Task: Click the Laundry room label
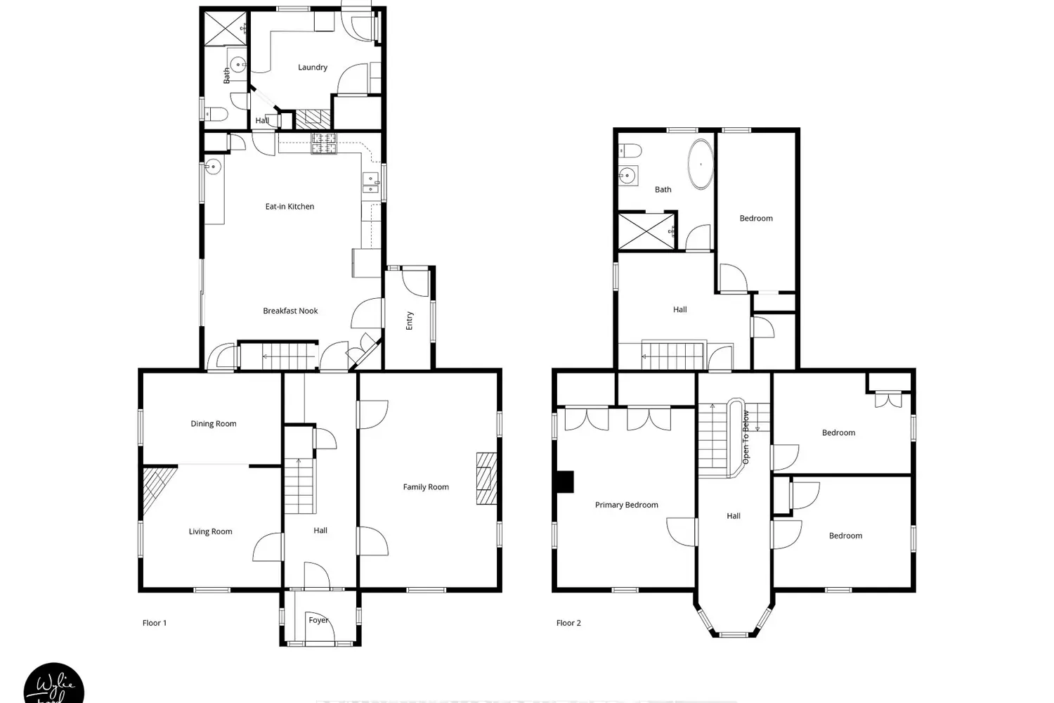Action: pyautogui.click(x=313, y=67)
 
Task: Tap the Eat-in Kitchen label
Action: pyautogui.click(x=289, y=207)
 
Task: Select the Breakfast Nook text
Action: pyautogui.click(x=290, y=311)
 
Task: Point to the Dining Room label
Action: pyautogui.click(x=214, y=424)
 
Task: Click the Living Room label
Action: pyautogui.click(x=210, y=531)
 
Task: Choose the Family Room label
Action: pyautogui.click(x=426, y=487)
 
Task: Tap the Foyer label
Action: pyautogui.click(x=318, y=620)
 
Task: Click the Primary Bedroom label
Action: pyautogui.click(x=626, y=505)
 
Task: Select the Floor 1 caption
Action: pyautogui.click(x=155, y=623)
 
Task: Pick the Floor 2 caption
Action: pyautogui.click(x=568, y=623)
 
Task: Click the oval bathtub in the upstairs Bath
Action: pyautogui.click(x=700, y=165)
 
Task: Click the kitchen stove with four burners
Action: pyautogui.click(x=325, y=143)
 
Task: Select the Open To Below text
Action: pyautogui.click(x=746, y=437)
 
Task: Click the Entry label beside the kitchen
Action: pyautogui.click(x=410, y=321)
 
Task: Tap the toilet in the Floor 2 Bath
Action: pyautogui.click(x=630, y=151)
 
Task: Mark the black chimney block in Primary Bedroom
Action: pyautogui.click(x=564, y=482)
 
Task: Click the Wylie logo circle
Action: pyautogui.click(x=54, y=685)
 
